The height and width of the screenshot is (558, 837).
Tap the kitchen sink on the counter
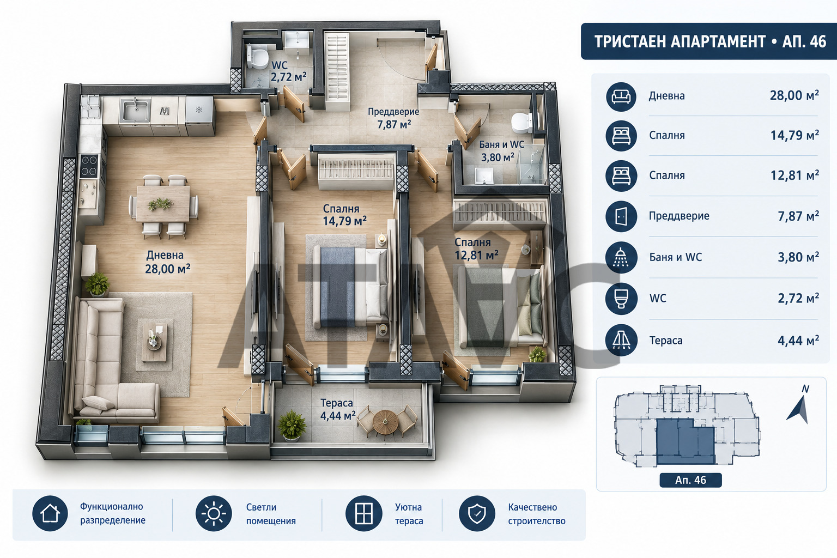coord(135,110)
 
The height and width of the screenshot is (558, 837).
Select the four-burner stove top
coord(89,166)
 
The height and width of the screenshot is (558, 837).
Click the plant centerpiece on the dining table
coord(161,204)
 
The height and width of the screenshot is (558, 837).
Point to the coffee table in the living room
coord(155,339)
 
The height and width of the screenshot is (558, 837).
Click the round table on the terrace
coord(386,422)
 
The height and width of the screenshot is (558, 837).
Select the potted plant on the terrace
coord(292,426)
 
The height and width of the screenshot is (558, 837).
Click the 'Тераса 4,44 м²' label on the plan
coord(338,409)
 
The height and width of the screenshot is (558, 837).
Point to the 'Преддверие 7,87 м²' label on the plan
coord(393,118)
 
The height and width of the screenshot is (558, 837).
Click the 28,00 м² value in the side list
coord(794,95)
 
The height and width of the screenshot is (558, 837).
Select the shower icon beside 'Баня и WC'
coord(621,257)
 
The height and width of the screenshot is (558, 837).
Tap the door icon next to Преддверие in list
coord(621,216)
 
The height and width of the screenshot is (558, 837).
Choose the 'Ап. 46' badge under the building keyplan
coord(690,480)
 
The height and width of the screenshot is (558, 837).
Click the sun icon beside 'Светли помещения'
coord(214,513)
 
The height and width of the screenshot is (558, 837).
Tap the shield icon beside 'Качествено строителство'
coord(477,513)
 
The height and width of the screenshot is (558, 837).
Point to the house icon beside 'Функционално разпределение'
coord(50,513)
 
